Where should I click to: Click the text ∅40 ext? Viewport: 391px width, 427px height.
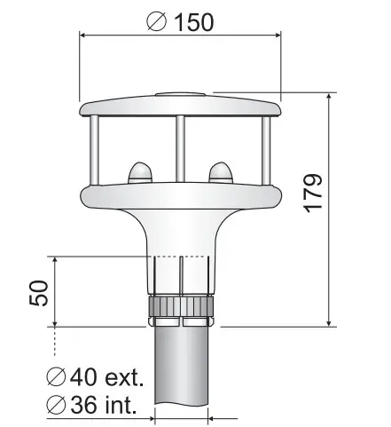[x=95, y=379]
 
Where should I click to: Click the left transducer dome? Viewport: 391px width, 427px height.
[x=141, y=170]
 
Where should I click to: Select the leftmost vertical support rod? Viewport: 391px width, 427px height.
[x=94, y=151]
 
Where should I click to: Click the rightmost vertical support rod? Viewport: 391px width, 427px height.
[x=266, y=151]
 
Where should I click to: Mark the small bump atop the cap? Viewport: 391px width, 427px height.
[x=180, y=94]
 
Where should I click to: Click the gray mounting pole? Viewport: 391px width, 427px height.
[x=181, y=373]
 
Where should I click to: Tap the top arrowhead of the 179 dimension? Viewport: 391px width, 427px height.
[x=329, y=96]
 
